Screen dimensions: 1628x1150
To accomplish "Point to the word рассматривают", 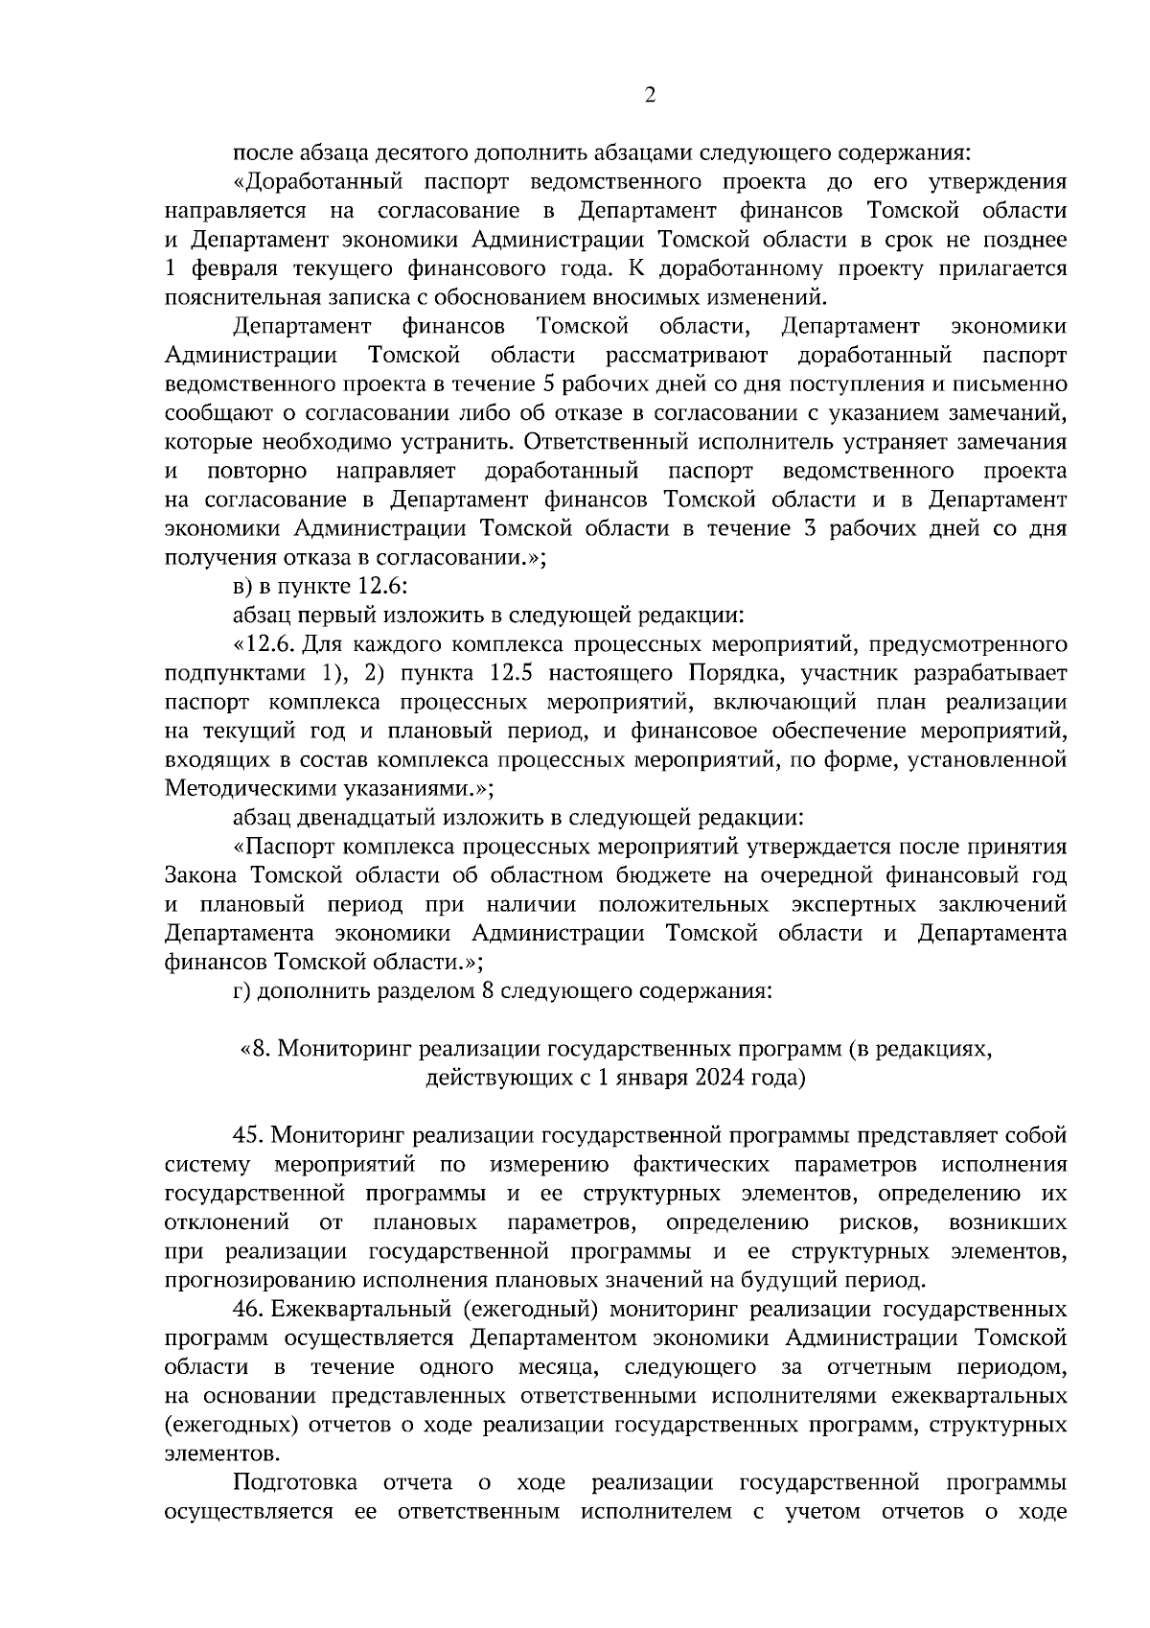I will (x=686, y=356).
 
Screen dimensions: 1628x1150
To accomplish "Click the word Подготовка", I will (x=296, y=1482).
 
